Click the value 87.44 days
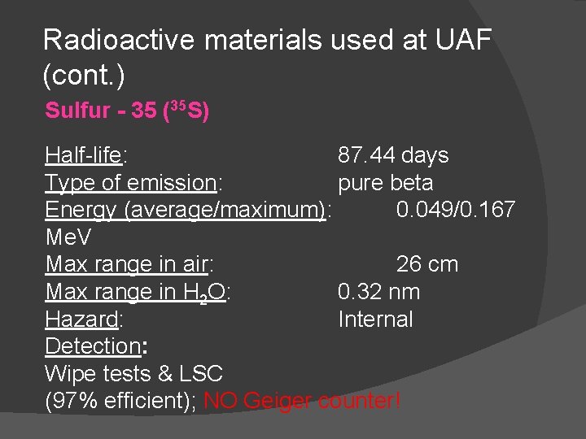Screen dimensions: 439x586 (393, 155)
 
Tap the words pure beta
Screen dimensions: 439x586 (386, 183)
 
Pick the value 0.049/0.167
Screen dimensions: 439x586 (455, 210)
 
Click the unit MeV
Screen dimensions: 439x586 (68, 237)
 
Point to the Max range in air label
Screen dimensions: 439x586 (129, 264)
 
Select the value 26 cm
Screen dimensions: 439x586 (427, 264)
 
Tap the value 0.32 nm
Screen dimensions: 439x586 (379, 292)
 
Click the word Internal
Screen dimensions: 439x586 (376, 319)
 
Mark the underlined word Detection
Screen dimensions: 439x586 (93, 346)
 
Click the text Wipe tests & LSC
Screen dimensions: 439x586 (134, 374)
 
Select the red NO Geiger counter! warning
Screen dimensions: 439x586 (302, 402)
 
